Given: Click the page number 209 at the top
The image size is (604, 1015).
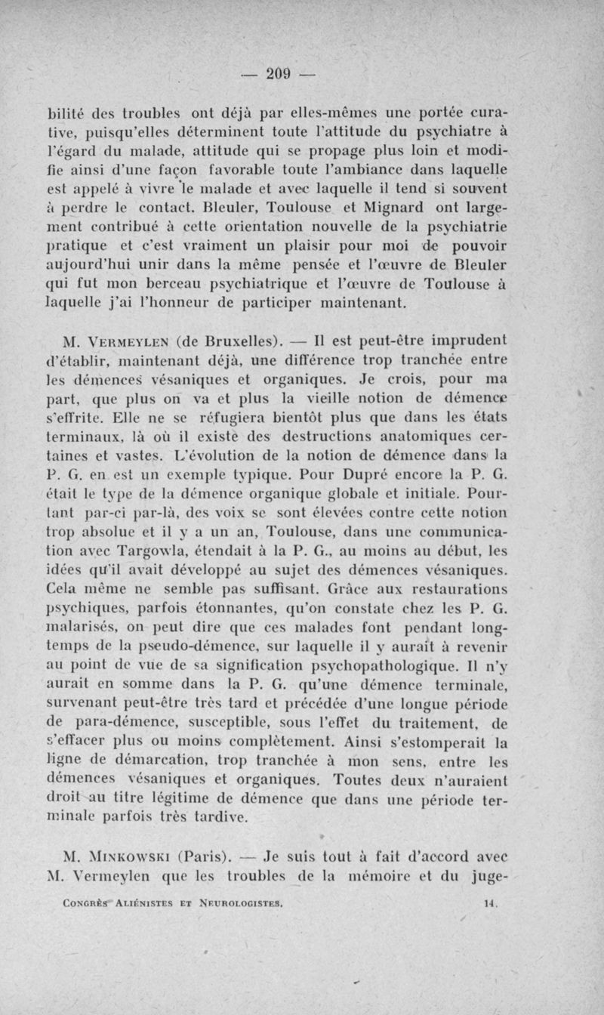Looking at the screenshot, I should [278, 73].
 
